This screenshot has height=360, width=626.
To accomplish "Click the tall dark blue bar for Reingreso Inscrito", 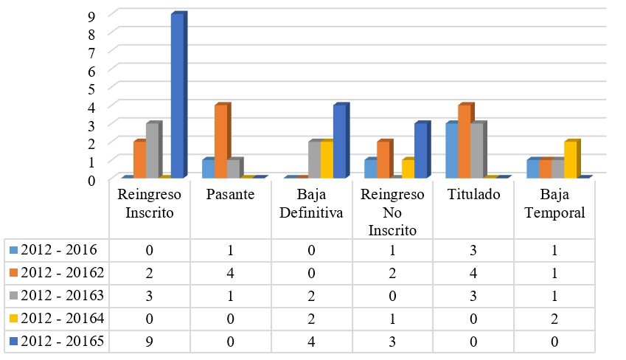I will [178, 96].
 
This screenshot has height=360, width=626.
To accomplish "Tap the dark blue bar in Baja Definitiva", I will [339, 142].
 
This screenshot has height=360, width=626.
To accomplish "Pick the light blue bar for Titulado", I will [451, 150].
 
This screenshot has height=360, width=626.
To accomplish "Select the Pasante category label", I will [231, 195].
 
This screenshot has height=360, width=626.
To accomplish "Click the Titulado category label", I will [474, 195].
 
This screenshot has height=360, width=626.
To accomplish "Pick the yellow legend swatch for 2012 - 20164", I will [13, 319].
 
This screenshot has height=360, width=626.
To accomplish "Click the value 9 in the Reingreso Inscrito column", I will [150, 342].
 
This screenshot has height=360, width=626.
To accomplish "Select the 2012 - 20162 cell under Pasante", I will [231, 273].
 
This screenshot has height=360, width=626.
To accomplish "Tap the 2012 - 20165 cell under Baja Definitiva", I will [312, 342].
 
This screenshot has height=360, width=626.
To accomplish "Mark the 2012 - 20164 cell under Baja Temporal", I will [555, 319].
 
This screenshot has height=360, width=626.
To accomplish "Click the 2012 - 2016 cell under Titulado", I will [474, 250].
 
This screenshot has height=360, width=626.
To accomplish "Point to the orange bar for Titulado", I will [464, 142].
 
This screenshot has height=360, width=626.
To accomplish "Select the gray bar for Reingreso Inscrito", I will [153, 150].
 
